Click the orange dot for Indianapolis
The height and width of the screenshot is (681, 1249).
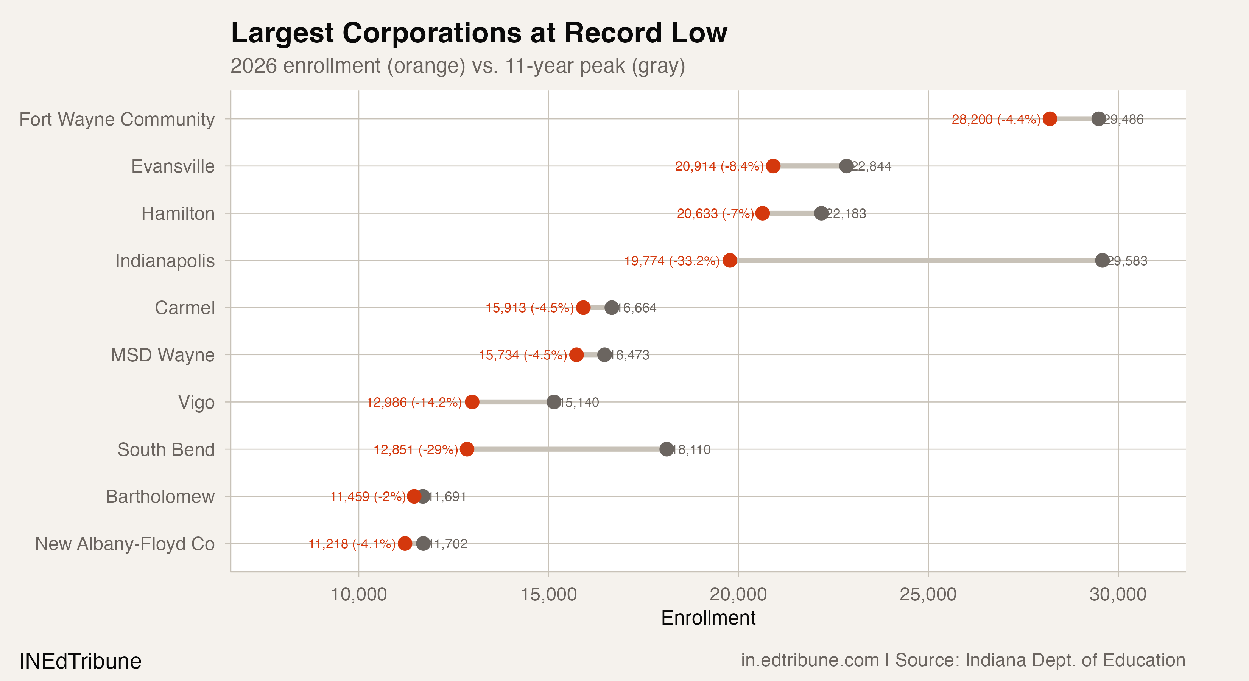pos(730,260)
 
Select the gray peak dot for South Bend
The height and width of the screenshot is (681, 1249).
pos(667,449)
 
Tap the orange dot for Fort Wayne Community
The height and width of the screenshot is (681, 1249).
pos(1050,119)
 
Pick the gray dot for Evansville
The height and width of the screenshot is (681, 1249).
pos(846,166)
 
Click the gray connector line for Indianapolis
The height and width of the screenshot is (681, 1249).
pos(916,260)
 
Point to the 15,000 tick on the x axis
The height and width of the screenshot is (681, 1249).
pos(548,594)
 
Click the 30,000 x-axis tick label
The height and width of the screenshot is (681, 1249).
pos(1118,594)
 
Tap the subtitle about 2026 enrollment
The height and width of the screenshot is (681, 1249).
pos(457,66)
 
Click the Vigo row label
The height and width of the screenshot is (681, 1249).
pos(196,402)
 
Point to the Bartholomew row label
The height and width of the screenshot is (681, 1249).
pos(160,496)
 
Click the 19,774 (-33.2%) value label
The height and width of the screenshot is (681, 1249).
pos(671,261)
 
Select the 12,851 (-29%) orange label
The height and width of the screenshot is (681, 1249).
pos(416,450)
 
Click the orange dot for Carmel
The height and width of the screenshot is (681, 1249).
pos(583,307)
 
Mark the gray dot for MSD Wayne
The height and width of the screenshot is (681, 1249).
pos(604,355)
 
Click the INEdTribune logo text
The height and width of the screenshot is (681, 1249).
pos(81,661)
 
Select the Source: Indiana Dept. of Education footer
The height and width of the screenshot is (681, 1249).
pos(1040,660)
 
